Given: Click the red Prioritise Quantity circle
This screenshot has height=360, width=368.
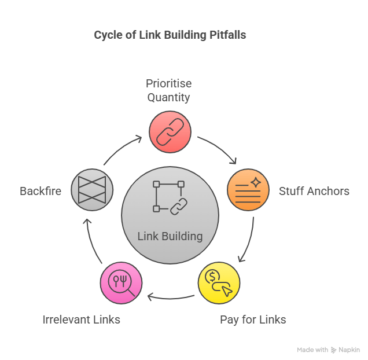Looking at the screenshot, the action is pos(170,132).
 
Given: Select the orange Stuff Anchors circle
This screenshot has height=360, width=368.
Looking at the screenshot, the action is pos(248,190).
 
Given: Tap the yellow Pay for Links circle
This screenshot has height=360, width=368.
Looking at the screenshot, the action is pos(219,283).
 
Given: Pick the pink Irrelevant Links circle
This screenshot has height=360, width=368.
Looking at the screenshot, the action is pos(121,283).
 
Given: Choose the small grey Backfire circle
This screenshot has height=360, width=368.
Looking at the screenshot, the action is pos(92,190).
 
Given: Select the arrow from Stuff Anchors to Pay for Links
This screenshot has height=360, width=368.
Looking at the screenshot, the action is pos(249,241).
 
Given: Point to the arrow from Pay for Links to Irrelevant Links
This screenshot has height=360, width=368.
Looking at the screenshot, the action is pos(170,299).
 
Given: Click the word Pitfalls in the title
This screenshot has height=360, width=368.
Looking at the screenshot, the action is pos(227,35).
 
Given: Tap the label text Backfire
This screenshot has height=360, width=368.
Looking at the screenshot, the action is pos(41,191).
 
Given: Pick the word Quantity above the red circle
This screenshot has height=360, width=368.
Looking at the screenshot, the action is pos(168,97).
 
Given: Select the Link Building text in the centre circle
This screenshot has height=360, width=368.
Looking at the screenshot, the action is pos(170,236).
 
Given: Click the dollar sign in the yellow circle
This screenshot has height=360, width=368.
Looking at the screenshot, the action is pos(212,276).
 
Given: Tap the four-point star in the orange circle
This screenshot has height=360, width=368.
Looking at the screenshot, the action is pos(256,182).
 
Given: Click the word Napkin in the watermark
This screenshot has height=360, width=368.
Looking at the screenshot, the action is pos(349,350).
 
